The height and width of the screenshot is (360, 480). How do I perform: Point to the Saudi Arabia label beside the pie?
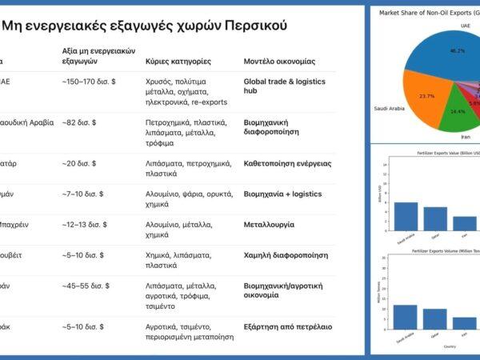coord(392,109)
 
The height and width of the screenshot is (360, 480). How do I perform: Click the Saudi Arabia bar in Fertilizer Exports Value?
coord(406,215)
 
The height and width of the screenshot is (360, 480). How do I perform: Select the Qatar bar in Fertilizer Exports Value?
coord(435,218)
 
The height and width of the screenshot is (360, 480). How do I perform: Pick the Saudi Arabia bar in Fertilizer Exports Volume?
coord(405,318)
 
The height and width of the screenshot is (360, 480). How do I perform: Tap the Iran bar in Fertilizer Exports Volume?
coord(464,324)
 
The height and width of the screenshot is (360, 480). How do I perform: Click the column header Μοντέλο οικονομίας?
coord(279,61)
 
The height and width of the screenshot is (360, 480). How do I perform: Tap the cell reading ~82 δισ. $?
coord(79,122)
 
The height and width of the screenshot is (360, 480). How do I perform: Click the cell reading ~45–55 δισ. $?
coord(86,285)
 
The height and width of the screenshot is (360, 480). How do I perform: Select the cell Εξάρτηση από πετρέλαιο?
coord(287,326)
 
